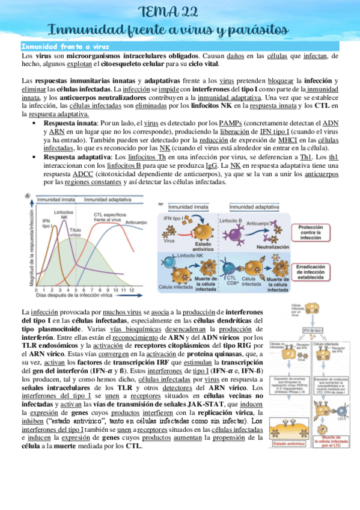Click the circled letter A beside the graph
pos(27,195)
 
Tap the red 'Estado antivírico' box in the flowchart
pos(289,444)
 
